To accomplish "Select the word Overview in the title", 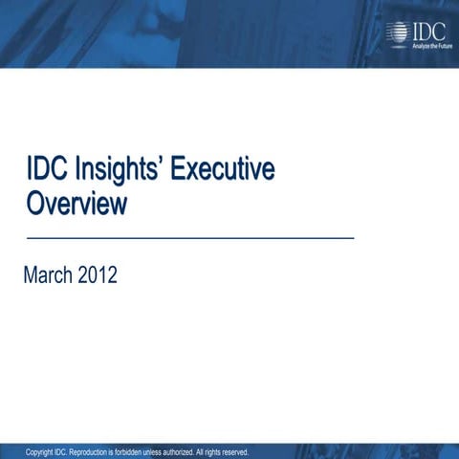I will tap(76, 203).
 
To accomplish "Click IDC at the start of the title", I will tap(45, 172).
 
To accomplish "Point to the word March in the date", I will tap(52, 276).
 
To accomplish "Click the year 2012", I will tap(98, 276).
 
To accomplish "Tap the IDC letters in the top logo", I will tap(426, 31).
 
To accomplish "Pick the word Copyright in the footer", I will tap(39, 451).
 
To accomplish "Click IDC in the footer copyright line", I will tap(62, 451).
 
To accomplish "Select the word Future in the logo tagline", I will tap(441, 45).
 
